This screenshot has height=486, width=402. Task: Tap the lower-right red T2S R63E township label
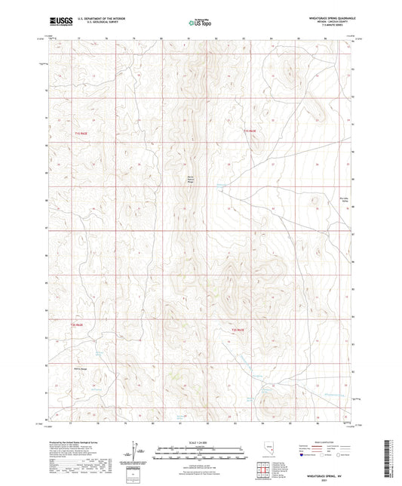238,330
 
